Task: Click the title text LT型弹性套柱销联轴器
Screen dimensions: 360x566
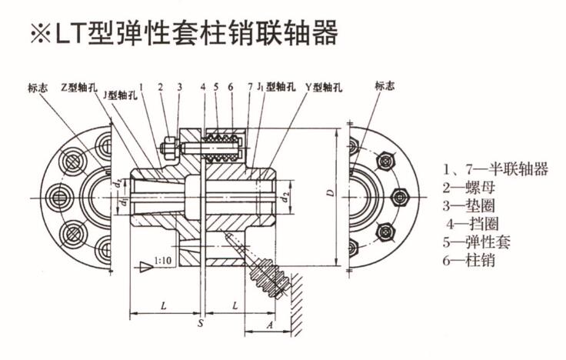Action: point(195,33)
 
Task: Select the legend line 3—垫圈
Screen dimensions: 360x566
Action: point(468,206)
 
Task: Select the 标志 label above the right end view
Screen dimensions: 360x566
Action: point(385,86)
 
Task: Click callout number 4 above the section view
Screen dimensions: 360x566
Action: point(203,86)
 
